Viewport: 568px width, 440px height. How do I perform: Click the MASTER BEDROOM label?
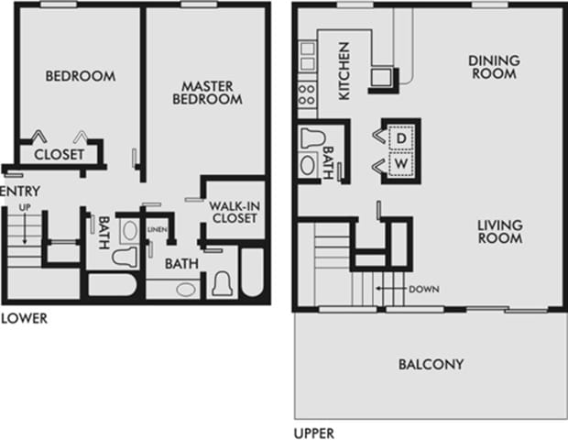click(205, 93)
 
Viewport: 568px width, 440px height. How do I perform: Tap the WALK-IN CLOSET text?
click(234, 212)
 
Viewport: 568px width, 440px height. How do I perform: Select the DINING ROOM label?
click(494, 67)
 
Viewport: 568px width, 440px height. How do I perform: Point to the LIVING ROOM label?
click(499, 232)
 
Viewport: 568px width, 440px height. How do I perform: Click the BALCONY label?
click(431, 365)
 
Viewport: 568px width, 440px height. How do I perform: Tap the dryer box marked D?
click(401, 138)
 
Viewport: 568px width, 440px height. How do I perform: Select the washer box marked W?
click(401, 164)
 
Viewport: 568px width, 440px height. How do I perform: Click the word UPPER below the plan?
click(313, 434)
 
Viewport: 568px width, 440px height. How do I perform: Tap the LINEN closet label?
click(158, 229)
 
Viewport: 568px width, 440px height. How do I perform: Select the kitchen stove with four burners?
click(307, 93)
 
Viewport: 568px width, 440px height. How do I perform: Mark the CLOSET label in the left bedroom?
click(59, 155)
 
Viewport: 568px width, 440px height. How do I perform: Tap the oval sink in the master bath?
click(186, 289)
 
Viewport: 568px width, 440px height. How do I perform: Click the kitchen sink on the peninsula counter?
click(382, 77)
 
